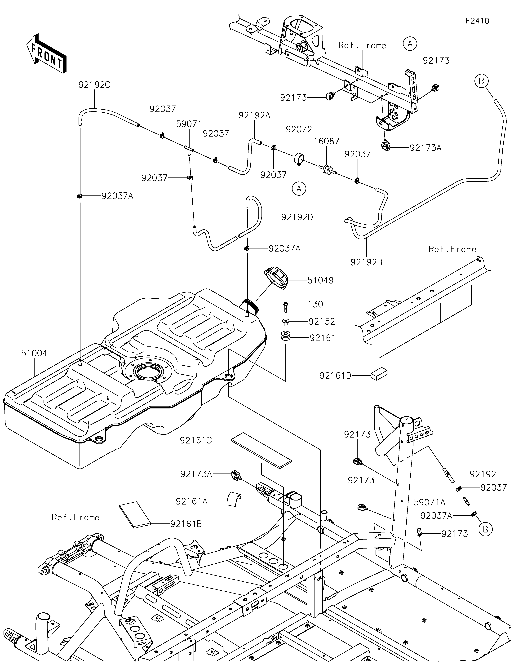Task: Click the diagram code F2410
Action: tap(477, 21)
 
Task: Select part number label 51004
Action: tap(34, 353)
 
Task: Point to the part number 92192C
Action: tap(94, 85)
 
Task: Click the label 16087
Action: tap(326, 141)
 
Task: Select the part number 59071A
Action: tap(429, 502)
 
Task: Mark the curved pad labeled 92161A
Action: tap(234, 500)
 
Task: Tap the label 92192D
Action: tap(297, 217)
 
